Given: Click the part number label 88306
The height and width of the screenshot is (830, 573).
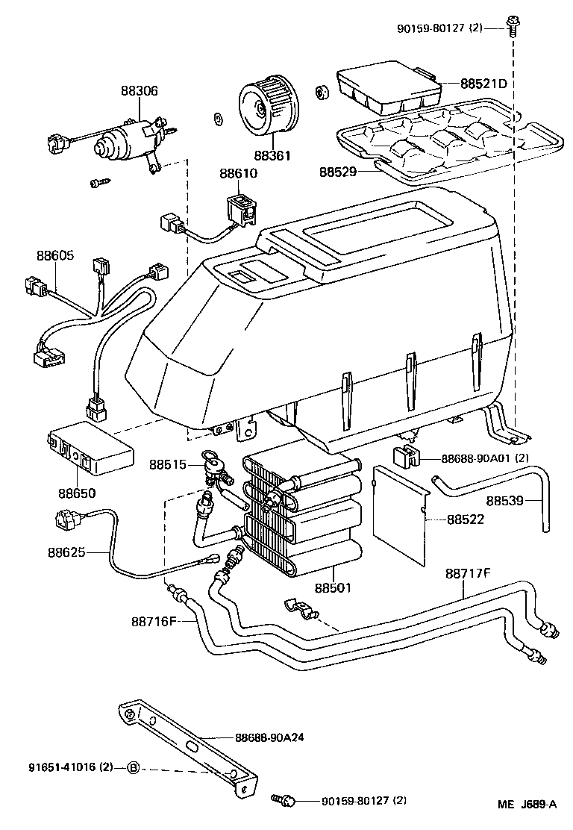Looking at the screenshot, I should [x=140, y=90].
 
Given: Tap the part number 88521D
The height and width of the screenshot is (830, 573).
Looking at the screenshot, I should [x=483, y=84].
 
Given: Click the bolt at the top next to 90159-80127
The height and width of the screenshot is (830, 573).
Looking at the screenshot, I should [x=512, y=27].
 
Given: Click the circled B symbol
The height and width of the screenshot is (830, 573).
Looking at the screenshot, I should [x=133, y=767].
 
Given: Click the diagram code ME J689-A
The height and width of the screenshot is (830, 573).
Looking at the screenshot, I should [x=527, y=805].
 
